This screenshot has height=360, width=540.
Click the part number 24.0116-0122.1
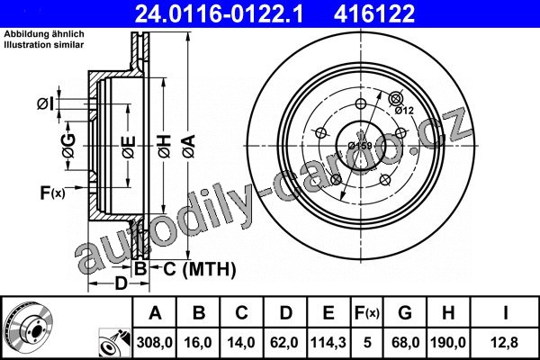tap(219, 13)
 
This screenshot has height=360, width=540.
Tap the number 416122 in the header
tap(374, 13)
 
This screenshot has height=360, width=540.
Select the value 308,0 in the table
tap(155, 342)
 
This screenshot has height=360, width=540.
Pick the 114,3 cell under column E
tap(328, 342)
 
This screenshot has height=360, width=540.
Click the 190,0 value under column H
tap(448, 342)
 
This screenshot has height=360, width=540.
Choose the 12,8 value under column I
tap(505, 342)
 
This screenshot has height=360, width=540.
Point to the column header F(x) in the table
tap(367, 313)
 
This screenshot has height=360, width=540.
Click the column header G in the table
tap(405, 313)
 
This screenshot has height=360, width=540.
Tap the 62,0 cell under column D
tap(284, 342)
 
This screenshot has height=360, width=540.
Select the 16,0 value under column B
tap(198, 342)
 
